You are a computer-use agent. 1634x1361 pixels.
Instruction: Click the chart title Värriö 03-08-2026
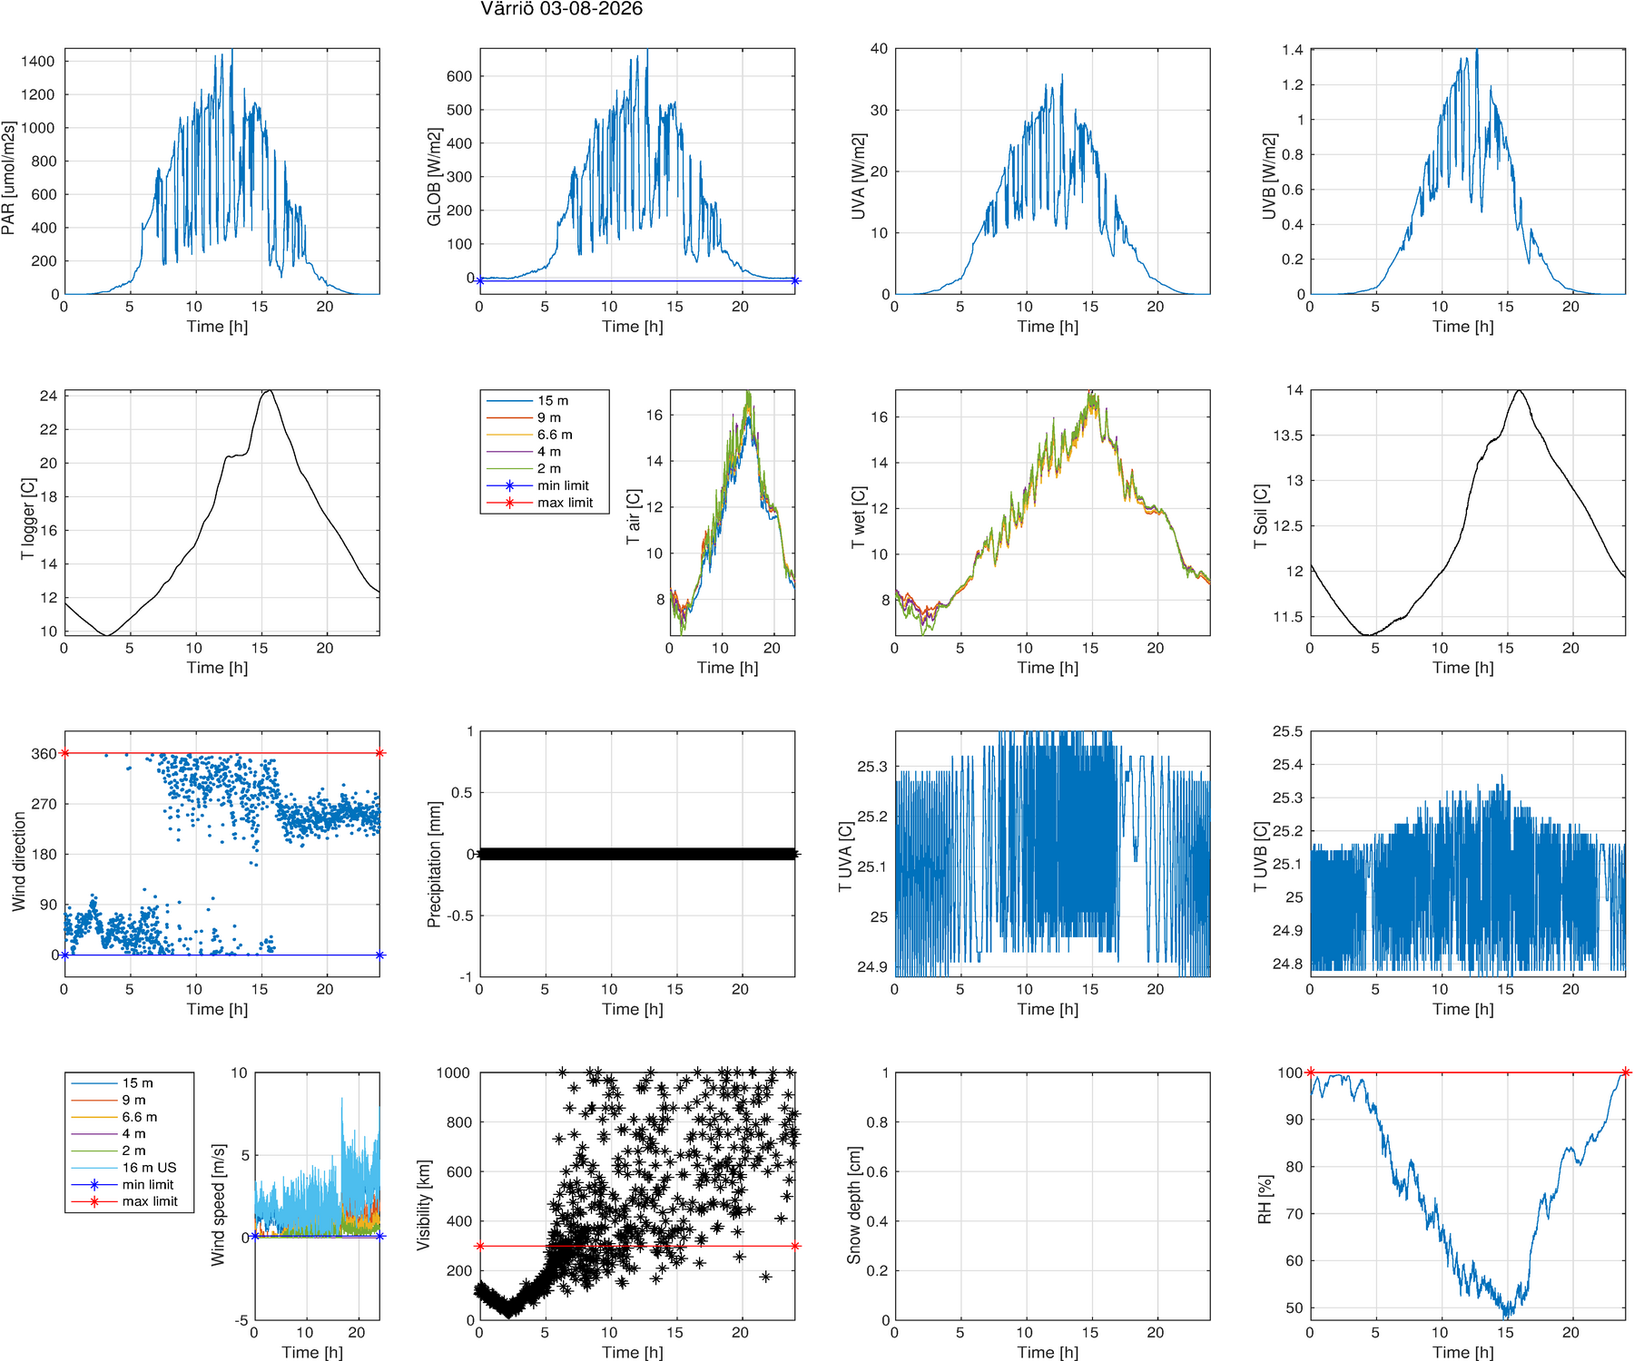561,9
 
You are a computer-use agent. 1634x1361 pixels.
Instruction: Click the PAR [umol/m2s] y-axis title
9,178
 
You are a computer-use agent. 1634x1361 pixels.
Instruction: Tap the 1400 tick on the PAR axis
38,62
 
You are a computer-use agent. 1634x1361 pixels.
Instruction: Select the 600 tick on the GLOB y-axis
459,76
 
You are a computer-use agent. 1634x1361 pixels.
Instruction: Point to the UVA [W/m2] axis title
858,177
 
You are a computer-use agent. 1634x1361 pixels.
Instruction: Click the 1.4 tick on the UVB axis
1293,50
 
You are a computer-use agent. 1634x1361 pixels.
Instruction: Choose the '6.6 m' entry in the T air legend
555,435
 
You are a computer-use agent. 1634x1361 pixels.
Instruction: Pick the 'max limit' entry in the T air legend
565,503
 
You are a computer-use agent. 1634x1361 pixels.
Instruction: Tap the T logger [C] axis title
28,519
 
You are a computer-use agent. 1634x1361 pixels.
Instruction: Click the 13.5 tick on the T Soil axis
1288,436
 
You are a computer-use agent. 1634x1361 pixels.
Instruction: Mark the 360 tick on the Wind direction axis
44,754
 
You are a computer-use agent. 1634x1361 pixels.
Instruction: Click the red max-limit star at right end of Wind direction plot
379,753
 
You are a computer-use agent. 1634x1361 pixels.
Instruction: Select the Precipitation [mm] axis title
434,864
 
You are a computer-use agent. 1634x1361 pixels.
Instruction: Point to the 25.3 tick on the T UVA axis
872,767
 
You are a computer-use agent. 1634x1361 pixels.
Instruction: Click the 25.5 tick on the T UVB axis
1287,731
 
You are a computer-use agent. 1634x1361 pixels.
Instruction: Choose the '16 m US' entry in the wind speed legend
149,1168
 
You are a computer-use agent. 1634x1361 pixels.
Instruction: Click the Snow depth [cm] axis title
854,1205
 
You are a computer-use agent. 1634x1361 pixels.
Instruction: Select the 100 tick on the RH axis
1291,1072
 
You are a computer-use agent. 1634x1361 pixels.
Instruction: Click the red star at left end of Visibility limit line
479,1246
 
